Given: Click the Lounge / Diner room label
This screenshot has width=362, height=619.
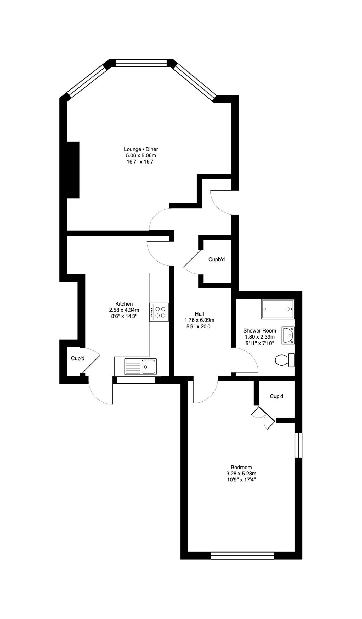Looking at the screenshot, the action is [x=141, y=149].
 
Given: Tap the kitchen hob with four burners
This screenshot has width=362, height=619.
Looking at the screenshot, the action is [x=159, y=312].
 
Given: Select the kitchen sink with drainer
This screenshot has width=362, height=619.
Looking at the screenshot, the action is [x=141, y=366].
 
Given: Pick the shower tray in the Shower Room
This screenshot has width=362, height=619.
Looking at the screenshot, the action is [x=278, y=309].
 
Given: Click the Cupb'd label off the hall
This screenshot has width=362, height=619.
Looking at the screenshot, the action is [x=217, y=260].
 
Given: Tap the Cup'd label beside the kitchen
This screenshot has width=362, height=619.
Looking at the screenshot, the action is [x=77, y=358].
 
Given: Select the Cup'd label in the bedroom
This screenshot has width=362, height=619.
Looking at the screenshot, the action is [x=277, y=396].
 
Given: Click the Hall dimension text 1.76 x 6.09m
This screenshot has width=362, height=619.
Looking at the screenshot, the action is [x=199, y=320].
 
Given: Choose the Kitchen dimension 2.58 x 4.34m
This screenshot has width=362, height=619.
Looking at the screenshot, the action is [x=124, y=310].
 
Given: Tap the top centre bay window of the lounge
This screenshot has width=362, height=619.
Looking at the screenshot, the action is [x=141, y=63].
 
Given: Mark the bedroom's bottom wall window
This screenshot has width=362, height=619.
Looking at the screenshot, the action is [x=242, y=555].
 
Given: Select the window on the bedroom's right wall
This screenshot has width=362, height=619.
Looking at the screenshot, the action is [x=298, y=445].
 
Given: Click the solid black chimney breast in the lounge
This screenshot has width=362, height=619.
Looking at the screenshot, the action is [x=73, y=170].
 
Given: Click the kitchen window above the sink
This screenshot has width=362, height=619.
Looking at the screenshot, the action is [x=136, y=380].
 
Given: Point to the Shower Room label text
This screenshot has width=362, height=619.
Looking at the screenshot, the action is [x=260, y=330].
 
